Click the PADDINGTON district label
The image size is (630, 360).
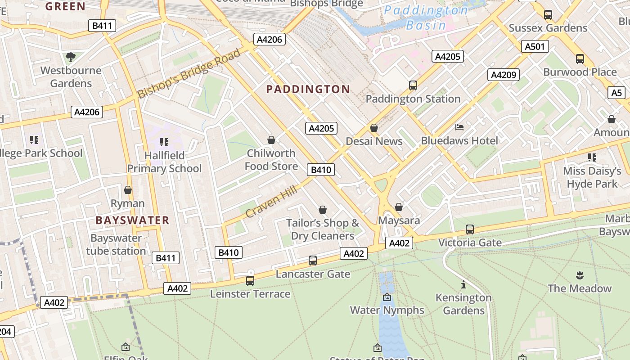click(x=308, y=89)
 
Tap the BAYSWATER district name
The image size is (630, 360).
click(x=132, y=220)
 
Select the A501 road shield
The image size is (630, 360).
click(x=535, y=46)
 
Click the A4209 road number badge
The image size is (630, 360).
click(x=504, y=75)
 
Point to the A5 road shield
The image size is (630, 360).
click(x=616, y=93)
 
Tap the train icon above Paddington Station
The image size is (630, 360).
click(x=413, y=85)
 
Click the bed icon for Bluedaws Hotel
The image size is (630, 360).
click(x=459, y=127)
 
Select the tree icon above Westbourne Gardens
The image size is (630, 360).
click(x=70, y=57)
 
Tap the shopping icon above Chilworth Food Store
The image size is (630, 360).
click(x=271, y=140)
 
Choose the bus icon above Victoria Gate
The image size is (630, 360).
click(x=469, y=229)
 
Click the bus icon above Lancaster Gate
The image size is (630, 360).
click(x=312, y=260)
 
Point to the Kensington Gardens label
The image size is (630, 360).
click(x=463, y=304)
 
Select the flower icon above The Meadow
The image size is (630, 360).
click(x=579, y=275)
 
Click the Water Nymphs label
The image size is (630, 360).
click(x=387, y=310)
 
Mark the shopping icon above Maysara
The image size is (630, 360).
click(x=398, y=207)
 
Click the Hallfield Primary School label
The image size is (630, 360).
click(x=164, y=162)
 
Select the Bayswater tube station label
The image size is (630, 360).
click(x=116, y=244)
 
